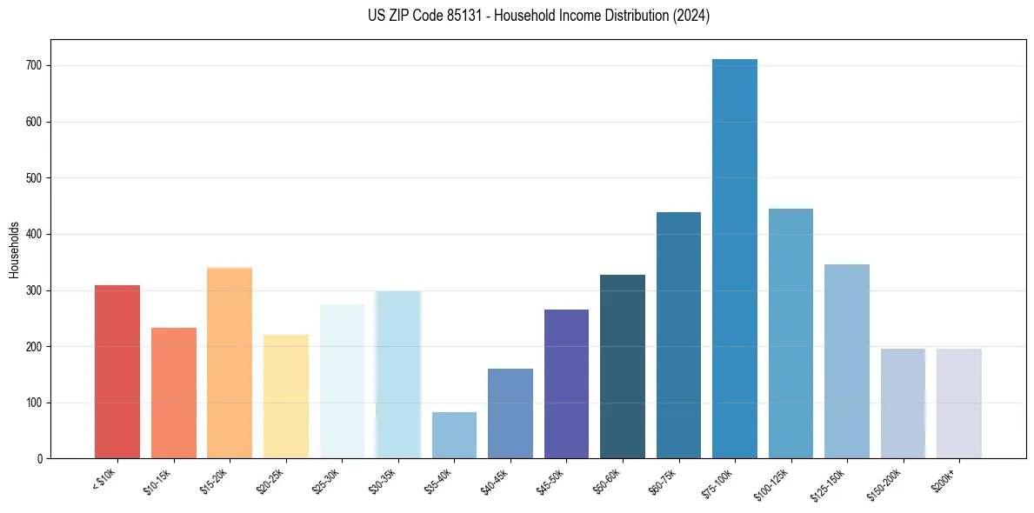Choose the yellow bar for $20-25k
286,396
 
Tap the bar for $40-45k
510,414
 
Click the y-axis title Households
14,250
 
